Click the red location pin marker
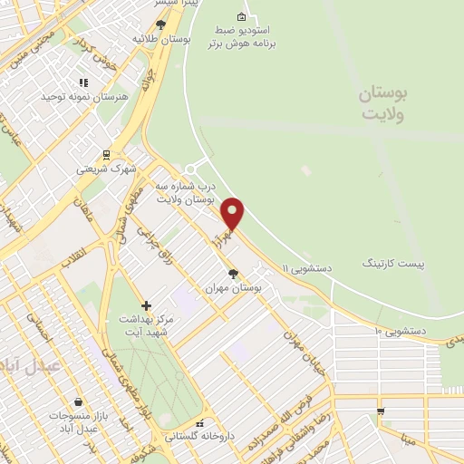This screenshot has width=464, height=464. pyautogui.click(x=233, y=214)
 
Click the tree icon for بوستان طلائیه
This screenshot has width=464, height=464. pyautogui.click(x=161, y=25)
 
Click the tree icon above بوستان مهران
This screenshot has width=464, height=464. pyautogui.click(x=234, y=273)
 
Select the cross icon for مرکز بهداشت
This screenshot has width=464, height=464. pyautogui.click(x=146, y=305)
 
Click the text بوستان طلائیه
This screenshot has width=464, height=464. pyautogui.click(x=161, y=40)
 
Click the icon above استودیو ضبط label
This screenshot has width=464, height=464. pyautogui.click(x=240, y=17)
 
